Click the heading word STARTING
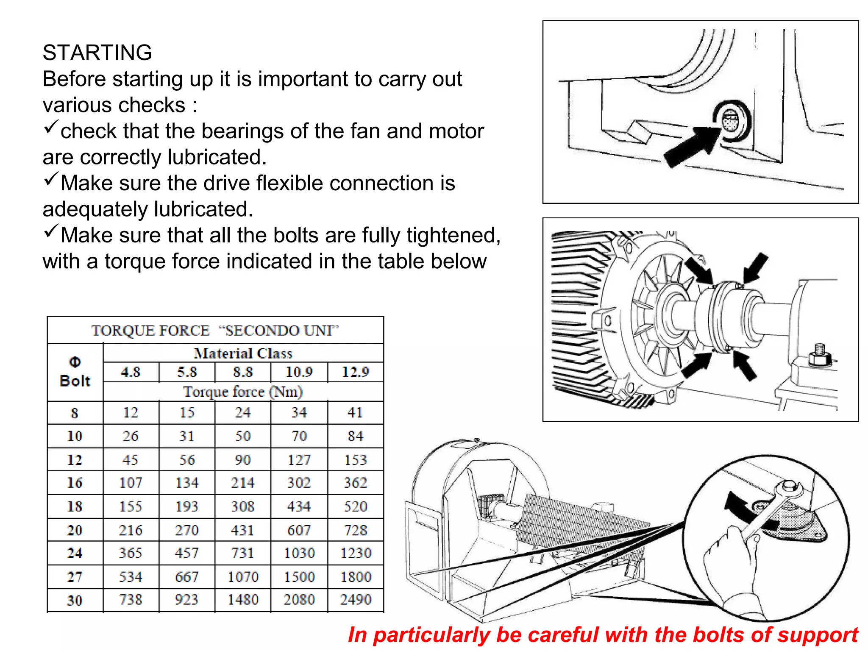click(x=97, y=53)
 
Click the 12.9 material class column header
click(x=355, y=372)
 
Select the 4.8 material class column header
click(x=131, y=372)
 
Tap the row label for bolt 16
click(x=75, y=483)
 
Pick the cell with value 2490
click(x=356, y=600)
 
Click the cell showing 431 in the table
click(x=242, y=530)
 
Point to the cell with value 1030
click(x=299, y=553)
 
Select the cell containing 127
click(x=299, y=460)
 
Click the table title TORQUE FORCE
click(x=150, y=331)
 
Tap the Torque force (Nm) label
click(x=243, y=392)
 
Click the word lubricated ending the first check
click(x=217, y=157)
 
